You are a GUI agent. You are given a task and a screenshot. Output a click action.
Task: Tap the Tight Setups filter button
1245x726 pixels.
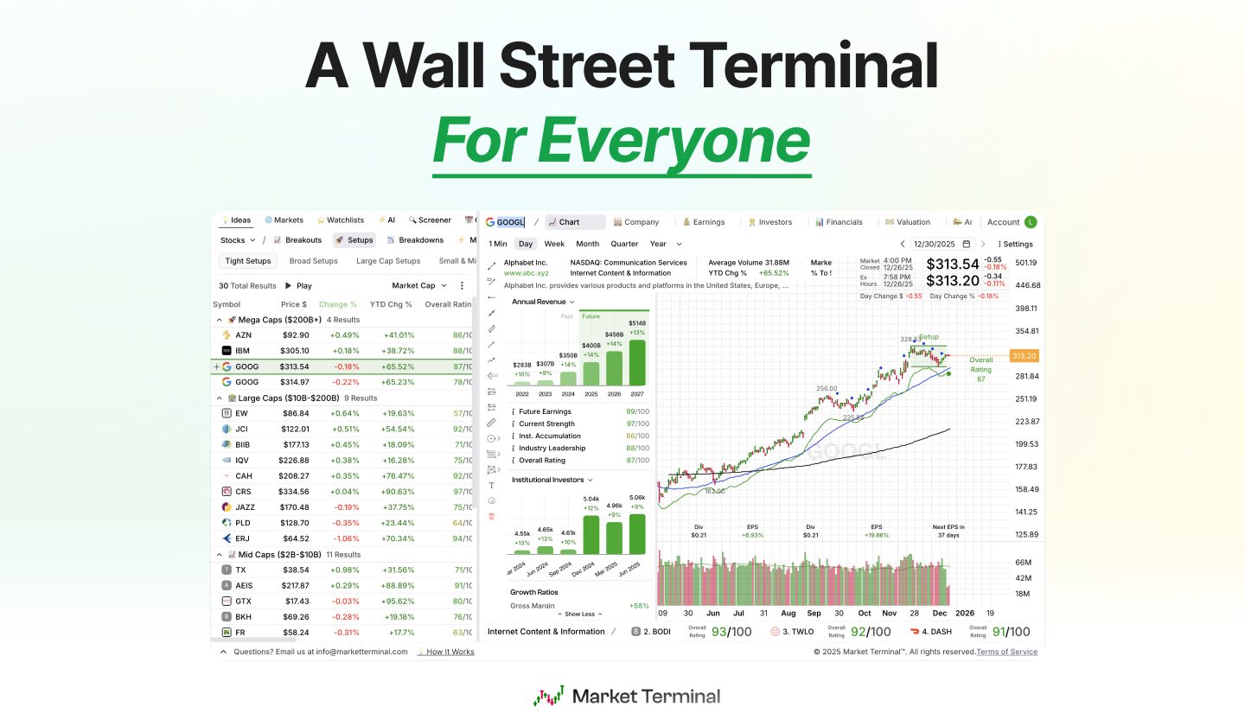coord(248,261)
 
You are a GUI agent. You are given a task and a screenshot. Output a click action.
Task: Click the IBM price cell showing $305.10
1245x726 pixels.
coord(294,351)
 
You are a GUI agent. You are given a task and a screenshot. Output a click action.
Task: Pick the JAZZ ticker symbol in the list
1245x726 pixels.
coord(245,507)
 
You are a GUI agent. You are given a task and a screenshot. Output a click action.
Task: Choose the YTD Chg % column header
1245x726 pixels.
coord(391,304)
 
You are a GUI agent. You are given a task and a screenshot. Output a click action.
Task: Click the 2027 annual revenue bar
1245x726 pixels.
coord(636,361)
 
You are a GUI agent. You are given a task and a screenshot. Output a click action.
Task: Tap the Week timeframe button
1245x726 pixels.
coord(554,244)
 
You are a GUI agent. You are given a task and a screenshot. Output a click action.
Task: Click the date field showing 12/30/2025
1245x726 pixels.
coord(936,244)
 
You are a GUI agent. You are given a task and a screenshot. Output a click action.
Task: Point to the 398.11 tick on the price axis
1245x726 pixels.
coord(1025,309)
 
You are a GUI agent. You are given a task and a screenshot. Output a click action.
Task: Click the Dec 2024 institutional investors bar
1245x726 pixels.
coord(591,528)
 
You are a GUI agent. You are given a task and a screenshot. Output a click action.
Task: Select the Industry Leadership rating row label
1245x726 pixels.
coord(552,449)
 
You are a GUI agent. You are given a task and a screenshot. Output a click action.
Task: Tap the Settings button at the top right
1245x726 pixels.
coord(1017,244)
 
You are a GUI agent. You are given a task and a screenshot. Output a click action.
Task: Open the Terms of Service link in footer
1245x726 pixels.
coord(1006,652)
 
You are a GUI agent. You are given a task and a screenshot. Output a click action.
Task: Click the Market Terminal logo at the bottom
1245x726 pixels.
coord(627,697)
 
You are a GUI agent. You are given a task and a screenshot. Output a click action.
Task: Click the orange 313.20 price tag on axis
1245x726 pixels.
coord(1025,355)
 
